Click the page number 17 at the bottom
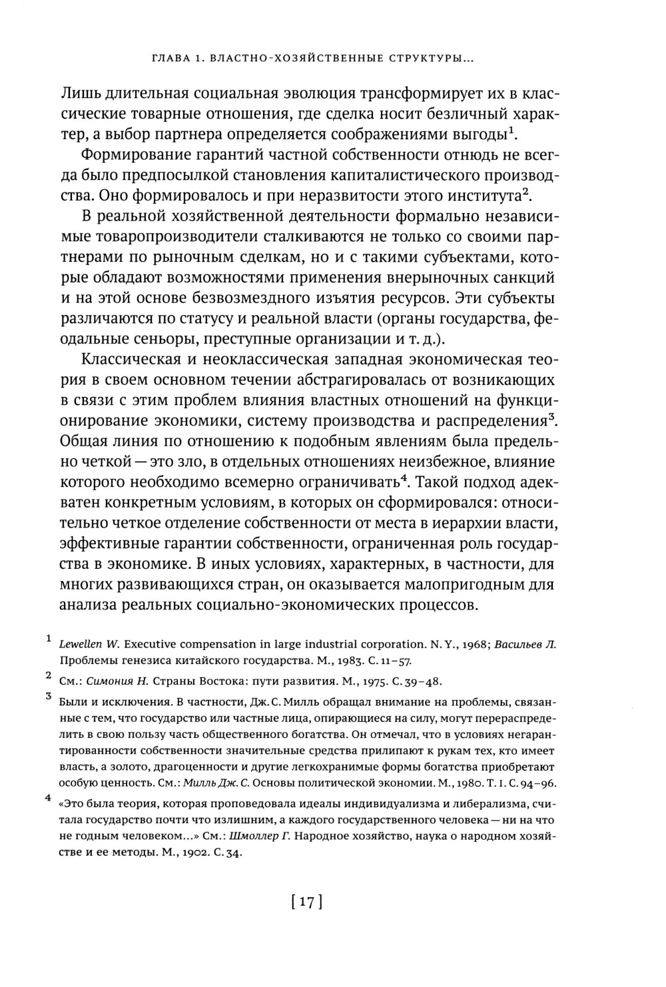pyautogui.click(x=306, y=903)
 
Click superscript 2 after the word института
pyautogui.click(x=525, y=191)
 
